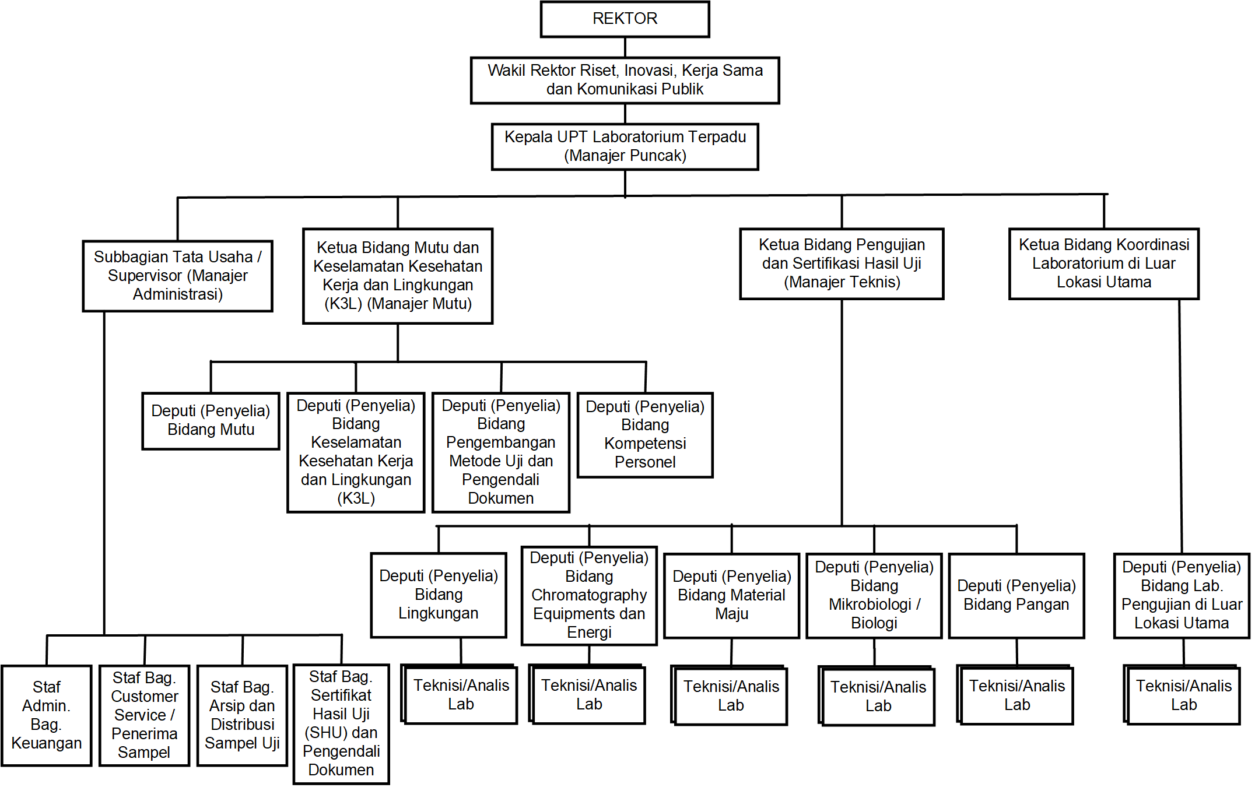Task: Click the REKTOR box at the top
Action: pos(625,19)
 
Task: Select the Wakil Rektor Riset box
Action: pos(625,80)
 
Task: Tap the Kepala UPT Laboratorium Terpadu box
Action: pos(625,146)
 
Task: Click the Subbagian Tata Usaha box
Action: pos(177,276)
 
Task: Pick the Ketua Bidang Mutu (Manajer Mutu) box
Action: pos(398,276)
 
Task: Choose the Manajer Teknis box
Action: pos(841,263)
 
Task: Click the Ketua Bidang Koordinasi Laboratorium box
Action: pos(1103,263)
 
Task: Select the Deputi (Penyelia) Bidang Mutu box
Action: pos(211,420)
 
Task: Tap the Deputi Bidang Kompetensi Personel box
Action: pos(645,435)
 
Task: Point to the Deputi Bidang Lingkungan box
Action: pos(438,595)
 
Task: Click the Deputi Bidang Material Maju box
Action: pos(731,595)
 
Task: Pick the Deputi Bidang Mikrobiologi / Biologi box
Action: pos(874,595)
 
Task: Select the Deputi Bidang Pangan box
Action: pos(1016,595)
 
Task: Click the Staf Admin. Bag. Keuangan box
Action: pos(47,715)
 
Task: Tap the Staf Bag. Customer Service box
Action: pos(144,715)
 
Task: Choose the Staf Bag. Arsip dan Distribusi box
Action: pos(242,715)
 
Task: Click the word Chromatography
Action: pos(589,595)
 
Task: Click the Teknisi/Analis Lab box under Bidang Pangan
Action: pos(1016,695)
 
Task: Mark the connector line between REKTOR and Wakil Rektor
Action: pos(625,47)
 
